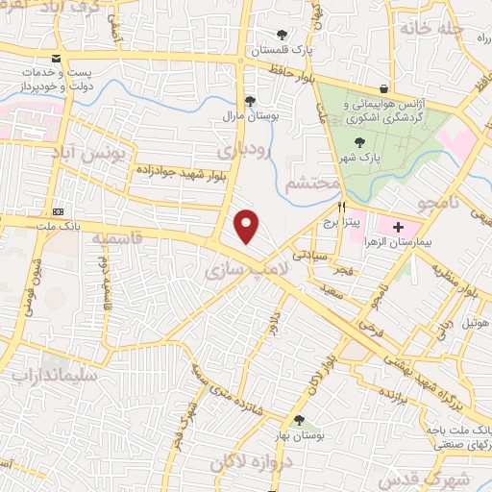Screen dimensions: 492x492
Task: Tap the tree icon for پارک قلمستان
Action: (282, 36)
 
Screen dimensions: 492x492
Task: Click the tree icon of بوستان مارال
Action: (250, 101)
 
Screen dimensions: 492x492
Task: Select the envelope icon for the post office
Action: (56, 60)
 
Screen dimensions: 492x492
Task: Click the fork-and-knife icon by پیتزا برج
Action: (341, 208)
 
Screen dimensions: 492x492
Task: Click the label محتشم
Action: (313, 183)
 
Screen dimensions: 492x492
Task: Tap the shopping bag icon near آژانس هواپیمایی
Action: (383, 90)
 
